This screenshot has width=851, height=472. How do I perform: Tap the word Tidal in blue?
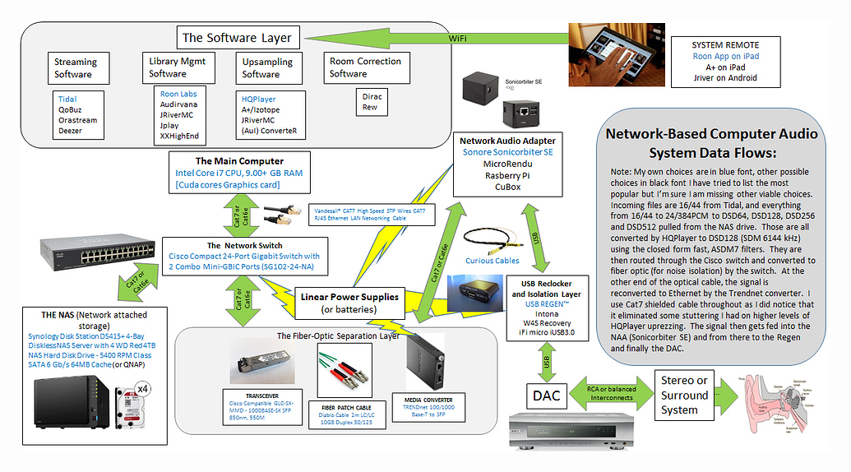pos(67,99)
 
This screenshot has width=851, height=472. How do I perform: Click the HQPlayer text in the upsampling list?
pos(259,99)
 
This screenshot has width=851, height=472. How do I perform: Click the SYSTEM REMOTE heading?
pos(725,44)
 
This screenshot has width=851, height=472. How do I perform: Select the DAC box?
pos(545,396)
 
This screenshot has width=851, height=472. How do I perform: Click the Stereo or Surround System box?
pos(684,395)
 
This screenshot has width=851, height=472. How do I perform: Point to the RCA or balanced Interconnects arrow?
pos(609,395)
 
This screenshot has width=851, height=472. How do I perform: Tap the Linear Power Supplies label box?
pos(349,303)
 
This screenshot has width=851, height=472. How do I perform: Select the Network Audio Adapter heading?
pos(507,141)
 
